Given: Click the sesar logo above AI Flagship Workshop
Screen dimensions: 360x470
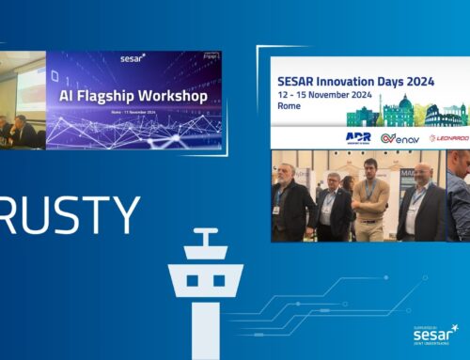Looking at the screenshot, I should (x=133, y=69).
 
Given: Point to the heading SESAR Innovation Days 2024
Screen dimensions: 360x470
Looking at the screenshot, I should (x=352, y=82).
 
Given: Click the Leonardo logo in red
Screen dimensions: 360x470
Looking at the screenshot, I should (x=448, y=137).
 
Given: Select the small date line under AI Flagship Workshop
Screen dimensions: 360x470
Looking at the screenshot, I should (x=134, y=114).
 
